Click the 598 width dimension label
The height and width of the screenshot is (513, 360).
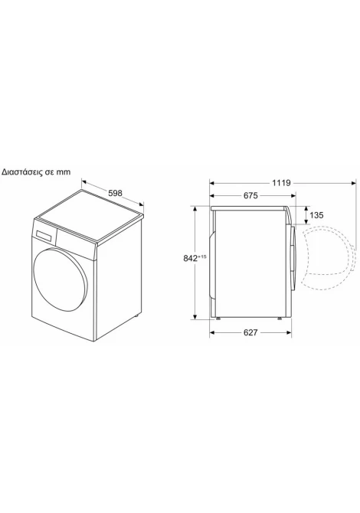(x=115, y=193)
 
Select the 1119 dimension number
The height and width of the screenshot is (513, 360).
(x=281, y=183)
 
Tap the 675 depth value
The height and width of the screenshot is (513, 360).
(x=251, y=196)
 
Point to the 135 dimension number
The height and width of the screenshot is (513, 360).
(x=316, y=215)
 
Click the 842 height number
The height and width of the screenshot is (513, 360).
(x=191, y=259)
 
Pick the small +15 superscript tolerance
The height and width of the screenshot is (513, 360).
(x=202, y=256)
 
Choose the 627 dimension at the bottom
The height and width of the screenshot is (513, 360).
(x=250, y=332)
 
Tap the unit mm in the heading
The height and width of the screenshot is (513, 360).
(x=63, y=172)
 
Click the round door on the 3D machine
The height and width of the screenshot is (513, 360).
(x=61, y=276)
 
